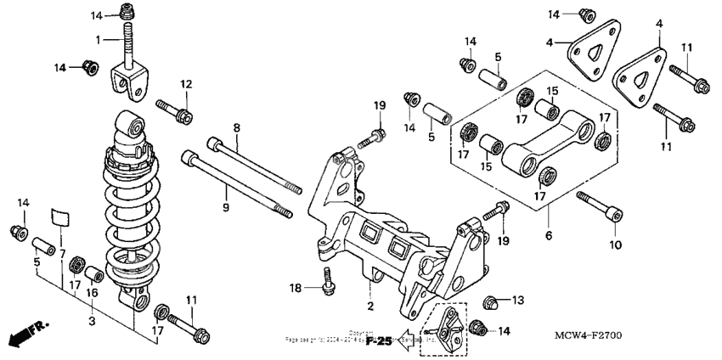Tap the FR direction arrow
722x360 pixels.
(x=25, y=334)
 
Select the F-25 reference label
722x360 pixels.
(x=380, y=340)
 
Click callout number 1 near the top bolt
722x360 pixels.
(x=99, y=39)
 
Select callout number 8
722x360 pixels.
(x=237, y=128)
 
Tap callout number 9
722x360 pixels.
(x=225, y=183)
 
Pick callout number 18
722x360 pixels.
(x=297, y=290)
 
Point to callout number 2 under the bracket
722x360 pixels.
(x=370, y=304)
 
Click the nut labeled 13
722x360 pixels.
(x=490, y=301)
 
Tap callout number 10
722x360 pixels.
(x=615, y=245)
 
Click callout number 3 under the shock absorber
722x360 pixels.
(x=93, y=322)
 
